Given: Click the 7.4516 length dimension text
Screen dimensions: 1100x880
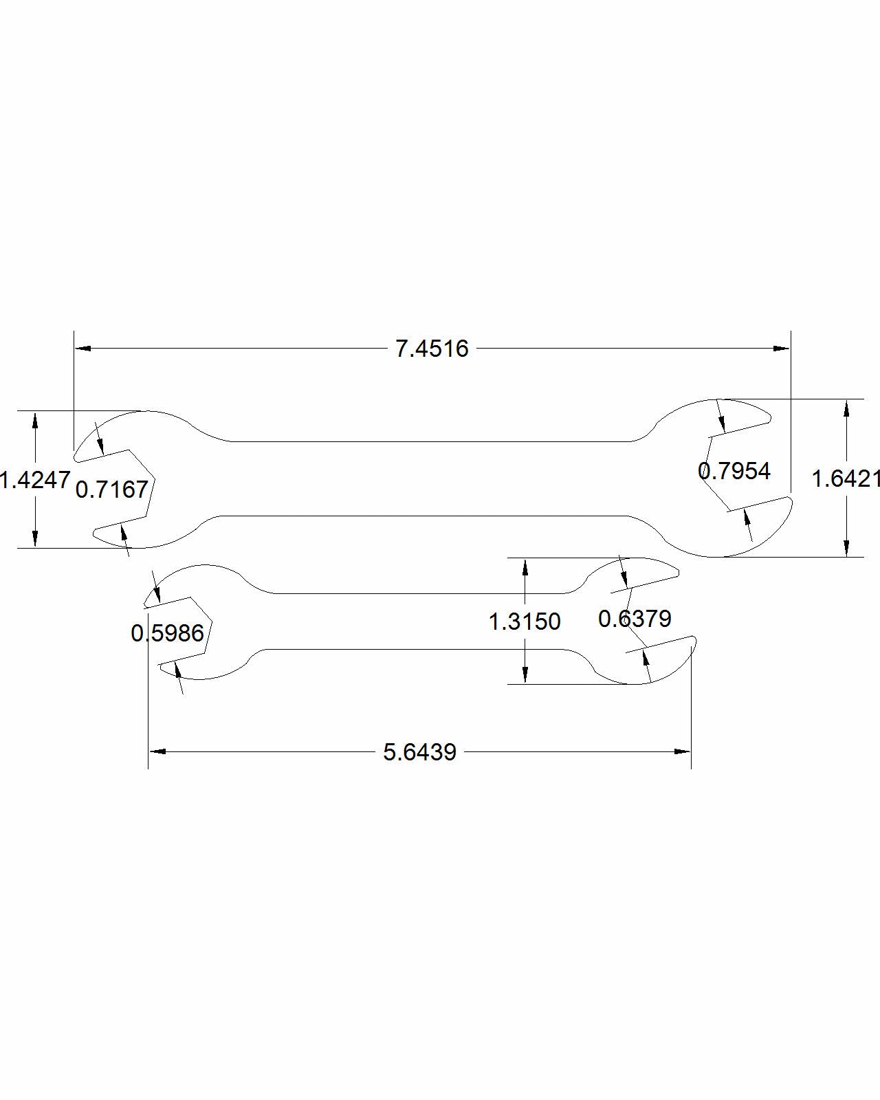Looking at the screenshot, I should point(432,349).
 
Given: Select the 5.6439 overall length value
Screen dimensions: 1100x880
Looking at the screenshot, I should point(419,752).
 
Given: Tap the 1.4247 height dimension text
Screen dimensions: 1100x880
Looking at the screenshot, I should point(35,480).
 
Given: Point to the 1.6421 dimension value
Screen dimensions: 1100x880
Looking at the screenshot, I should point(845,478).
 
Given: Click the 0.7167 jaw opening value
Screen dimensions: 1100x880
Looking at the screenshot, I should point(112,489).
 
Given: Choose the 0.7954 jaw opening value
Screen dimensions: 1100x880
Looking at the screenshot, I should point(734,471).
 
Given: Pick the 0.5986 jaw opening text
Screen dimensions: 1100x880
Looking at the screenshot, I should point(168,633).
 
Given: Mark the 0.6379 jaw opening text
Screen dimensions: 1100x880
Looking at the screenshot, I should point(635,619).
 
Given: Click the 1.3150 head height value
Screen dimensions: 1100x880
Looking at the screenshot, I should point(525,621).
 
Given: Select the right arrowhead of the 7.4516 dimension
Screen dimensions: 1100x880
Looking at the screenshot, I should point(782,349).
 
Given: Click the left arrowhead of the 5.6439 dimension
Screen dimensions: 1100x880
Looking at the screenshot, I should point(157,751).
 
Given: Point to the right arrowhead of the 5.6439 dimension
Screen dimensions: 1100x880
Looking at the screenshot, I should point(683,751).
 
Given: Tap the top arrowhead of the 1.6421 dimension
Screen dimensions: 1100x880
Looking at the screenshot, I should point(846,407).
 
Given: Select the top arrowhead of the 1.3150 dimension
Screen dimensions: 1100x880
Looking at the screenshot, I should point(525,566).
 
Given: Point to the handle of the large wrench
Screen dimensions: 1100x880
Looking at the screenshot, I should point(426,478).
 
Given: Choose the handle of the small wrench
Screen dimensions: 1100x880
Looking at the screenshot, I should point(412,621).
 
